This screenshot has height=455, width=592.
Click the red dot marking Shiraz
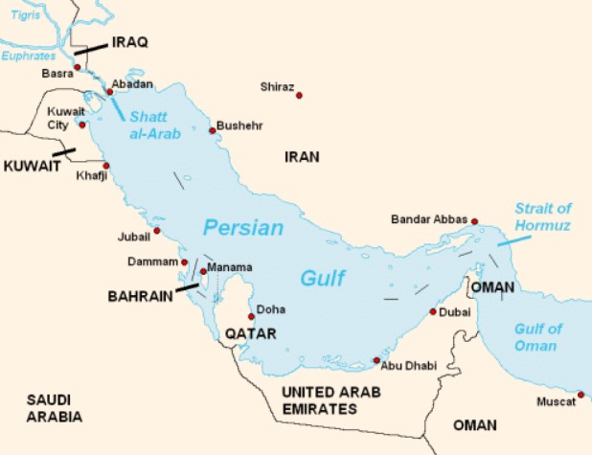299,95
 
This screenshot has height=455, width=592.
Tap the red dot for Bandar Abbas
474,221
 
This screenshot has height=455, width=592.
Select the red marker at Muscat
581,394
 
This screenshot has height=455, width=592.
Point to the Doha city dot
251,316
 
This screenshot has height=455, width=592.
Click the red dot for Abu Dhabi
376,361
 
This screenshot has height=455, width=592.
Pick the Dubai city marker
433,311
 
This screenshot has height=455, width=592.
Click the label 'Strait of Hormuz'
542,216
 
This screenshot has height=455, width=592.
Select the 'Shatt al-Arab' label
155,125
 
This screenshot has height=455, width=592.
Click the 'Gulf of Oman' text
535,337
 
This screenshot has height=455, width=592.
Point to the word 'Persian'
243,228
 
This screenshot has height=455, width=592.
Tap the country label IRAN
301,156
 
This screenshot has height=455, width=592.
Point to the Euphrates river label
30,57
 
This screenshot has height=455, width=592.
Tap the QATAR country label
250,333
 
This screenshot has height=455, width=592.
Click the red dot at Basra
78,67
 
